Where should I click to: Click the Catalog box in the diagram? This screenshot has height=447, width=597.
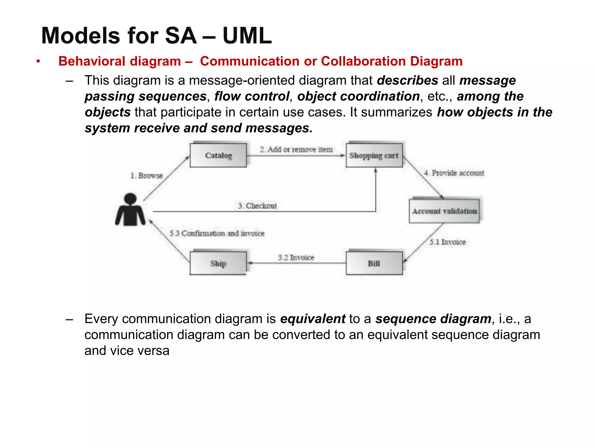(218, 155)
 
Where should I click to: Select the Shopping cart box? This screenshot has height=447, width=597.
(374, 155)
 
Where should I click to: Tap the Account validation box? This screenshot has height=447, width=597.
(444, 211)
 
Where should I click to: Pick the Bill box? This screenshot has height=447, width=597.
(374, 263)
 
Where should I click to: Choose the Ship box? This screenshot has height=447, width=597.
(218, 263)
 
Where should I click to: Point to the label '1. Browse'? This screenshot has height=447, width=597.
(146, 175)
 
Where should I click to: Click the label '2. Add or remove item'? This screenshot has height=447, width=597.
(296, 150)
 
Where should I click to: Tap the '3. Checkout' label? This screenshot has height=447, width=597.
(257, 206)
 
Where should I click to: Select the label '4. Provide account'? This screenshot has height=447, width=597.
(454, 173)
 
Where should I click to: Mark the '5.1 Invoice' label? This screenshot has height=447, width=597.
(447, 242)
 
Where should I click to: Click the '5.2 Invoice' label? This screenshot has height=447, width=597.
(296, 258)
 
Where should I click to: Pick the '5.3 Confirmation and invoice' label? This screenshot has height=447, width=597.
(217, 233)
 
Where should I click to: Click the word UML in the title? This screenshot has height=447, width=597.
(247, 36)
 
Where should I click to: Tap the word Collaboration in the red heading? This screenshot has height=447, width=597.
(363, 61)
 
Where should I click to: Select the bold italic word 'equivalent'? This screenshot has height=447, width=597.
(312, 319)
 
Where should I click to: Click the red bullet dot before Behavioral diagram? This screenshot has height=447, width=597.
(38, 61)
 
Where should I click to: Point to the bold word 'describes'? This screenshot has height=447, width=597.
(407, 80)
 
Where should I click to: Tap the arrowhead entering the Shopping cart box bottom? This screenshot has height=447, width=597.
(376, 171)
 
